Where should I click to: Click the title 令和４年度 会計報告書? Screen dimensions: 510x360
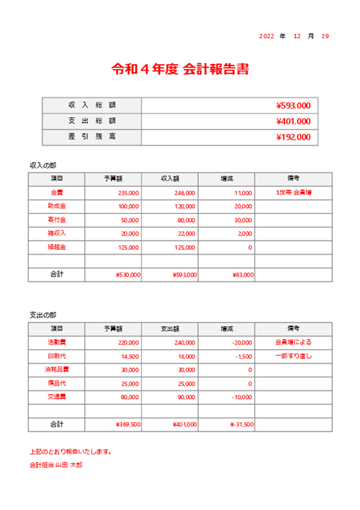180,70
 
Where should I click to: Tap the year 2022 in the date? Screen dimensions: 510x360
266,36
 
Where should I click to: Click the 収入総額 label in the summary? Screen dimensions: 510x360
92,106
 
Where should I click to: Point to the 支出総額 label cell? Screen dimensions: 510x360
92,122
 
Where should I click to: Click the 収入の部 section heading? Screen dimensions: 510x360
42,165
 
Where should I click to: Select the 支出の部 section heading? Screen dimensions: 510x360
42,316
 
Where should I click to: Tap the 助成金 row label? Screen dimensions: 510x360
57,207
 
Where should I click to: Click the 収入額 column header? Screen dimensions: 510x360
170,179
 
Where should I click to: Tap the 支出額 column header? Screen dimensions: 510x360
170,329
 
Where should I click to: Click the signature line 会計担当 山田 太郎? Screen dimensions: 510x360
55,465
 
